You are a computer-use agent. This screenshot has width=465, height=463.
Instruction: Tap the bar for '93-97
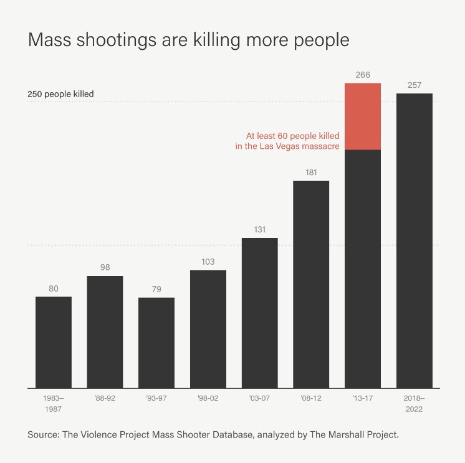(x=156, y=342)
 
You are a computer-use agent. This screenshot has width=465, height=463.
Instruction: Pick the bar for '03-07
(x=260, y=312)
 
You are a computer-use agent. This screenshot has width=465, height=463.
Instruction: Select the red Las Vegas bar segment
(x=363, y=117)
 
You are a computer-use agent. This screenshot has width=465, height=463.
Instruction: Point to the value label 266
(x=363, y=75)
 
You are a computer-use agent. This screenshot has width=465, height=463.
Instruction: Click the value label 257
(x=415, y=85)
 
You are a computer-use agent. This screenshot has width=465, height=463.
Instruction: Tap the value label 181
(x=312, y=173)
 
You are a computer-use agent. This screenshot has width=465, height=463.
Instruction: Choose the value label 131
(x=260, y=230)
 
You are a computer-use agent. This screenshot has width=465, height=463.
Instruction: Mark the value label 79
(x=156, y=289)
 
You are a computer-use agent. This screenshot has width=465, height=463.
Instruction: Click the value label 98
(x=105, y=267)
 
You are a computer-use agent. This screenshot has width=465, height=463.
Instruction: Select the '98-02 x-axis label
(x=208, y=398)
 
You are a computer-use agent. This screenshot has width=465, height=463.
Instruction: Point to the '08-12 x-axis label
(x=312, y=398)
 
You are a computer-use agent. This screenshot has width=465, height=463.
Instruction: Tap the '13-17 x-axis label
(x=363, y=398)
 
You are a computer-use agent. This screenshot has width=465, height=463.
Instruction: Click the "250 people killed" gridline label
(x=60, y=94)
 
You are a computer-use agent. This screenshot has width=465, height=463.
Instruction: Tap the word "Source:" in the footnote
(x=43, y=434)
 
